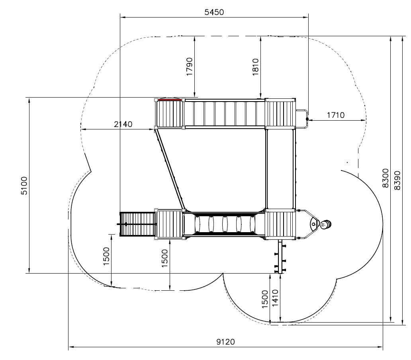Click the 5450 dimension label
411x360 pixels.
coord(214,12)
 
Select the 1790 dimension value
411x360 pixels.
coord(189,67)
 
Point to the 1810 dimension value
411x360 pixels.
coord(256,67)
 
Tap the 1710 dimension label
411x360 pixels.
coord(335,115)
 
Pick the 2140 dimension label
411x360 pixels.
coord(123,124)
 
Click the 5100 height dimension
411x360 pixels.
coord(24,186)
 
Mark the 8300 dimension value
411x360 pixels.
coord(386,178)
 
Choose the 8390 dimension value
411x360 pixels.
coord(397,180)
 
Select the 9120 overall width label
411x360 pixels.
coord(226,342)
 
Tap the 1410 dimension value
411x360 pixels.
coord(275,298)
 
